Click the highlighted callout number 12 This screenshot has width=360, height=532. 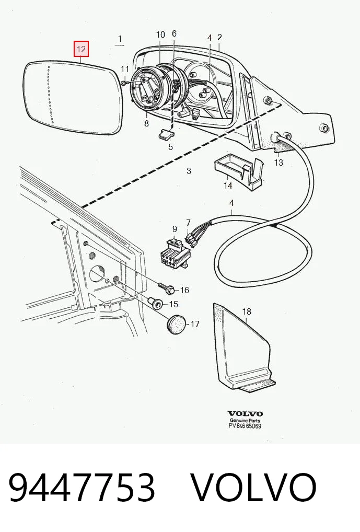pyautogui.click(x=82, y=49)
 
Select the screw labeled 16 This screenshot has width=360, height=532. pyautogui.click(x=167, y=287)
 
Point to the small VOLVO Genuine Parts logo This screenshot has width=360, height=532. pyautogui.click(x=245, y=417)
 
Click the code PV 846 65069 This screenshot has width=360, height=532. pyautogui.click(x=245, y=426)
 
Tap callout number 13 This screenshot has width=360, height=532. pyautogui.click(x=278, y=163)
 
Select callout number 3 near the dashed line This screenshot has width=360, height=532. pyautogui.click(x=189, y=171)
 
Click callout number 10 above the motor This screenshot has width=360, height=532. pyautogui.click(x=160, y=34)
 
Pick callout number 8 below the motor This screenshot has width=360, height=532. pyautogui.click(x=146, y=123)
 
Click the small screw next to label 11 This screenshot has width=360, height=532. pyautogui.click(x=123, y=82)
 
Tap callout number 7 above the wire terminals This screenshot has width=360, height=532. pyautogui.click(x=189, y=223)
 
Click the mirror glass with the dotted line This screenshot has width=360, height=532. pyautogui.click(x=73, y=98)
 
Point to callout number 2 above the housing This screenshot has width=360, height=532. pyautogui.click(x=219, y=37)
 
